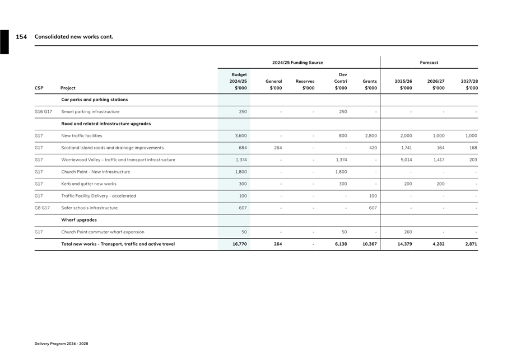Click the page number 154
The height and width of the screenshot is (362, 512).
(21, 37)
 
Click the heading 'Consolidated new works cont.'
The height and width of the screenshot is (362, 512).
(74, 37)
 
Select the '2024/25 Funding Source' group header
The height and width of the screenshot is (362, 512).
(297, 63)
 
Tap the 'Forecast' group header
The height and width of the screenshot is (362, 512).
(429, 63)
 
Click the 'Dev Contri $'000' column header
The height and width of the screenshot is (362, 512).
(341, 81)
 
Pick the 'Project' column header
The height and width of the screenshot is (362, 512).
(68, 88)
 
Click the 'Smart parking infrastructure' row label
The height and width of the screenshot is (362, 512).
(90, 112)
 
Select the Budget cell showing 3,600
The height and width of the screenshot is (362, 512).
(241, 136)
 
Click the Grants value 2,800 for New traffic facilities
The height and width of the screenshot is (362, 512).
(370, 136)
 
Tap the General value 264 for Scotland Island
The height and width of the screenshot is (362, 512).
(277, 148)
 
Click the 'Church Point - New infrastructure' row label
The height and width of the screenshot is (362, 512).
(95, 172)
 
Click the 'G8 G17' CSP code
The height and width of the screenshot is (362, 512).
(43, 208)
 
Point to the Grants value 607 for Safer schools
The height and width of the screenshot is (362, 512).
(373, 208)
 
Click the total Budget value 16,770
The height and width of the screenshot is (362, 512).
(239, 244)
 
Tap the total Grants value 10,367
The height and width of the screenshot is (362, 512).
(369, 244)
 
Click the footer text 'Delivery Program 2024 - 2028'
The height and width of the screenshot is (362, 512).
(61, 344)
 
